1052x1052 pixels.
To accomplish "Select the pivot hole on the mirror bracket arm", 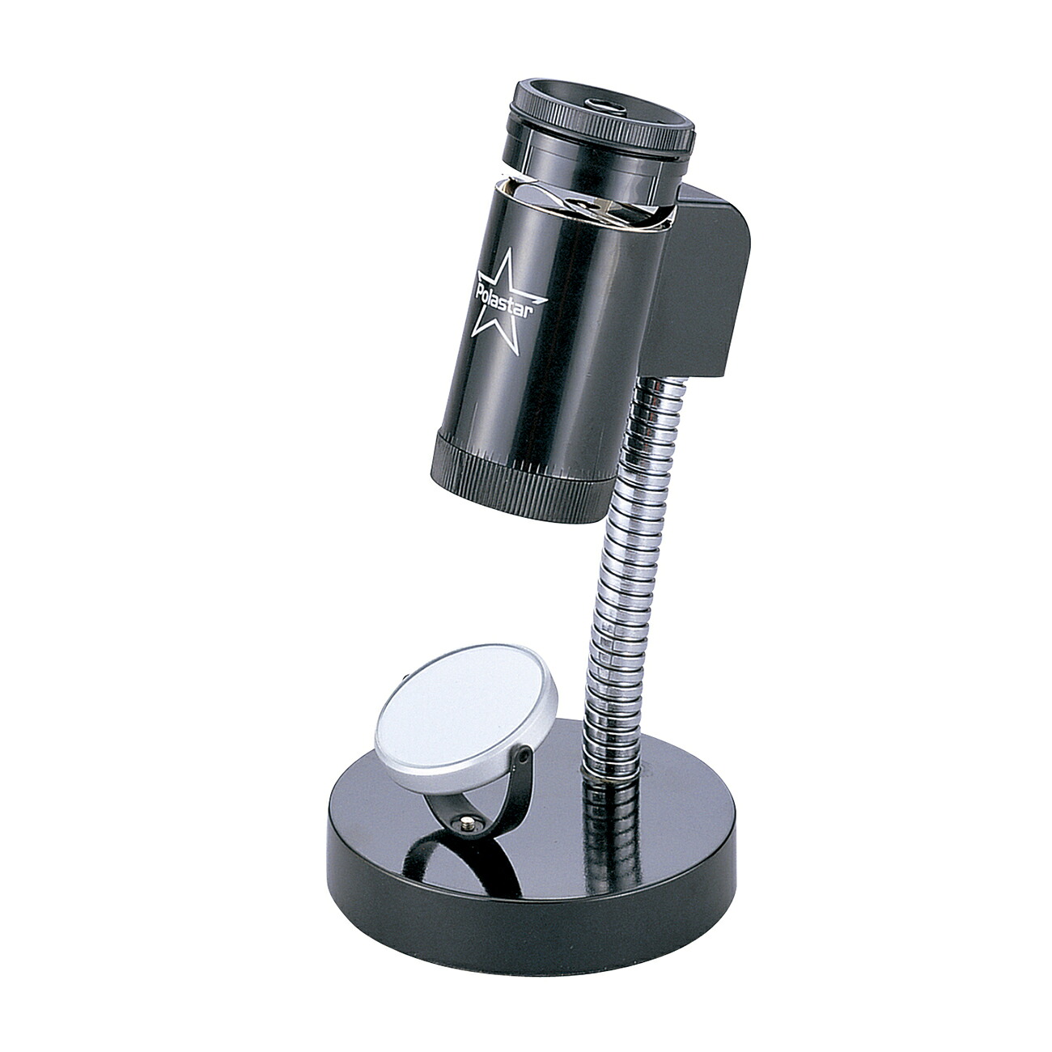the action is (524, 757).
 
